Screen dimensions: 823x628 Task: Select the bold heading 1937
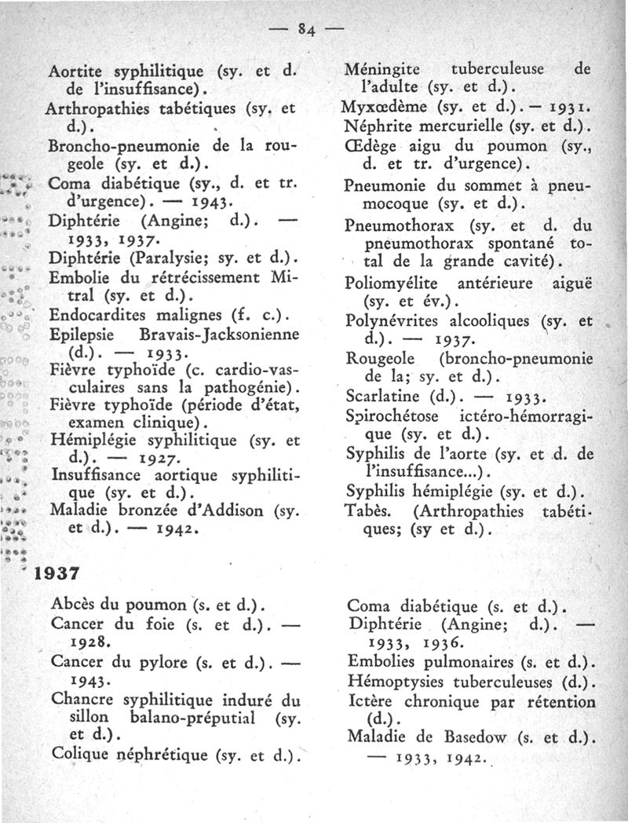(65, 573)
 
